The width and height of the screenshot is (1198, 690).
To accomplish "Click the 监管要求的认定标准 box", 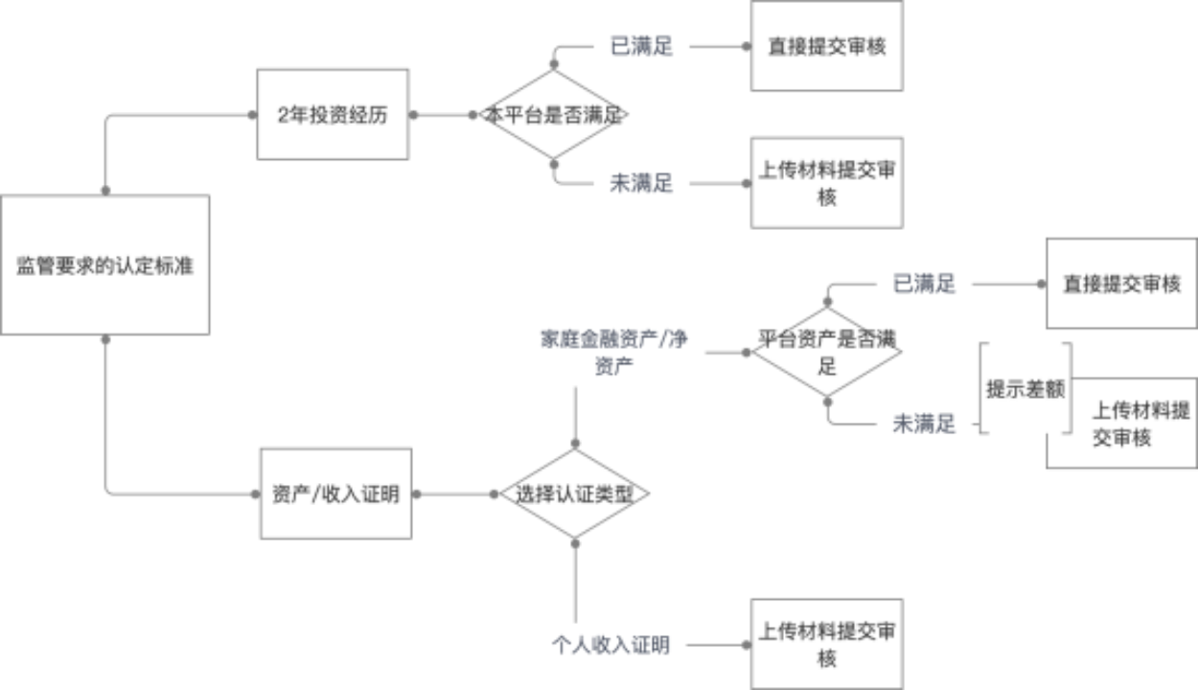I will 104,265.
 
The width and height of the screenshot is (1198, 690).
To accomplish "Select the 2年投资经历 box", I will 333,114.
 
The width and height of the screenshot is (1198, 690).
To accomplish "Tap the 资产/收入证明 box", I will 335,494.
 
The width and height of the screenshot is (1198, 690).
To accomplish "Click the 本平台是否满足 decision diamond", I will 555,114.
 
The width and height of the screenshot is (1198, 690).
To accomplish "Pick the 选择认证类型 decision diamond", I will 575,494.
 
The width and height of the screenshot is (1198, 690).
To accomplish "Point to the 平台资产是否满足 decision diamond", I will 826,352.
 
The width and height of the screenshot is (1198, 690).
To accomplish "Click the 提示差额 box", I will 1025,388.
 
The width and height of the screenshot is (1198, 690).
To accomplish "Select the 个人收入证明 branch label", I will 611,645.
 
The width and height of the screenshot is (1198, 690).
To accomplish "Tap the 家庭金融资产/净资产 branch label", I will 613,351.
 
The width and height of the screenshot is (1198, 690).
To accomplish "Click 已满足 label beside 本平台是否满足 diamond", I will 641,46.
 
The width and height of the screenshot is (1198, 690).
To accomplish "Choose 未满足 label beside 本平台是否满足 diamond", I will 641,183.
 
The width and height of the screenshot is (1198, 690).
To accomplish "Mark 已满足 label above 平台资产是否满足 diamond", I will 924,284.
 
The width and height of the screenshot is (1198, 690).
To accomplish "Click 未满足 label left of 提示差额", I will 924,423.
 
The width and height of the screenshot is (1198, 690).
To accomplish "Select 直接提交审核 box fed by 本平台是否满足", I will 826,46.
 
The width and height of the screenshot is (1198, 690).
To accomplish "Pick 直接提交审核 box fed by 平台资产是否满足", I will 1121,284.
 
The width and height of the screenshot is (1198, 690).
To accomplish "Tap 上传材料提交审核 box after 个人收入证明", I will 826,644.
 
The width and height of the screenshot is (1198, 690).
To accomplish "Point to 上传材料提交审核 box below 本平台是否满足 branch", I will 826,182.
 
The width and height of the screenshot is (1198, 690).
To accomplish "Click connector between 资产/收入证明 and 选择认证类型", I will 457,494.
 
